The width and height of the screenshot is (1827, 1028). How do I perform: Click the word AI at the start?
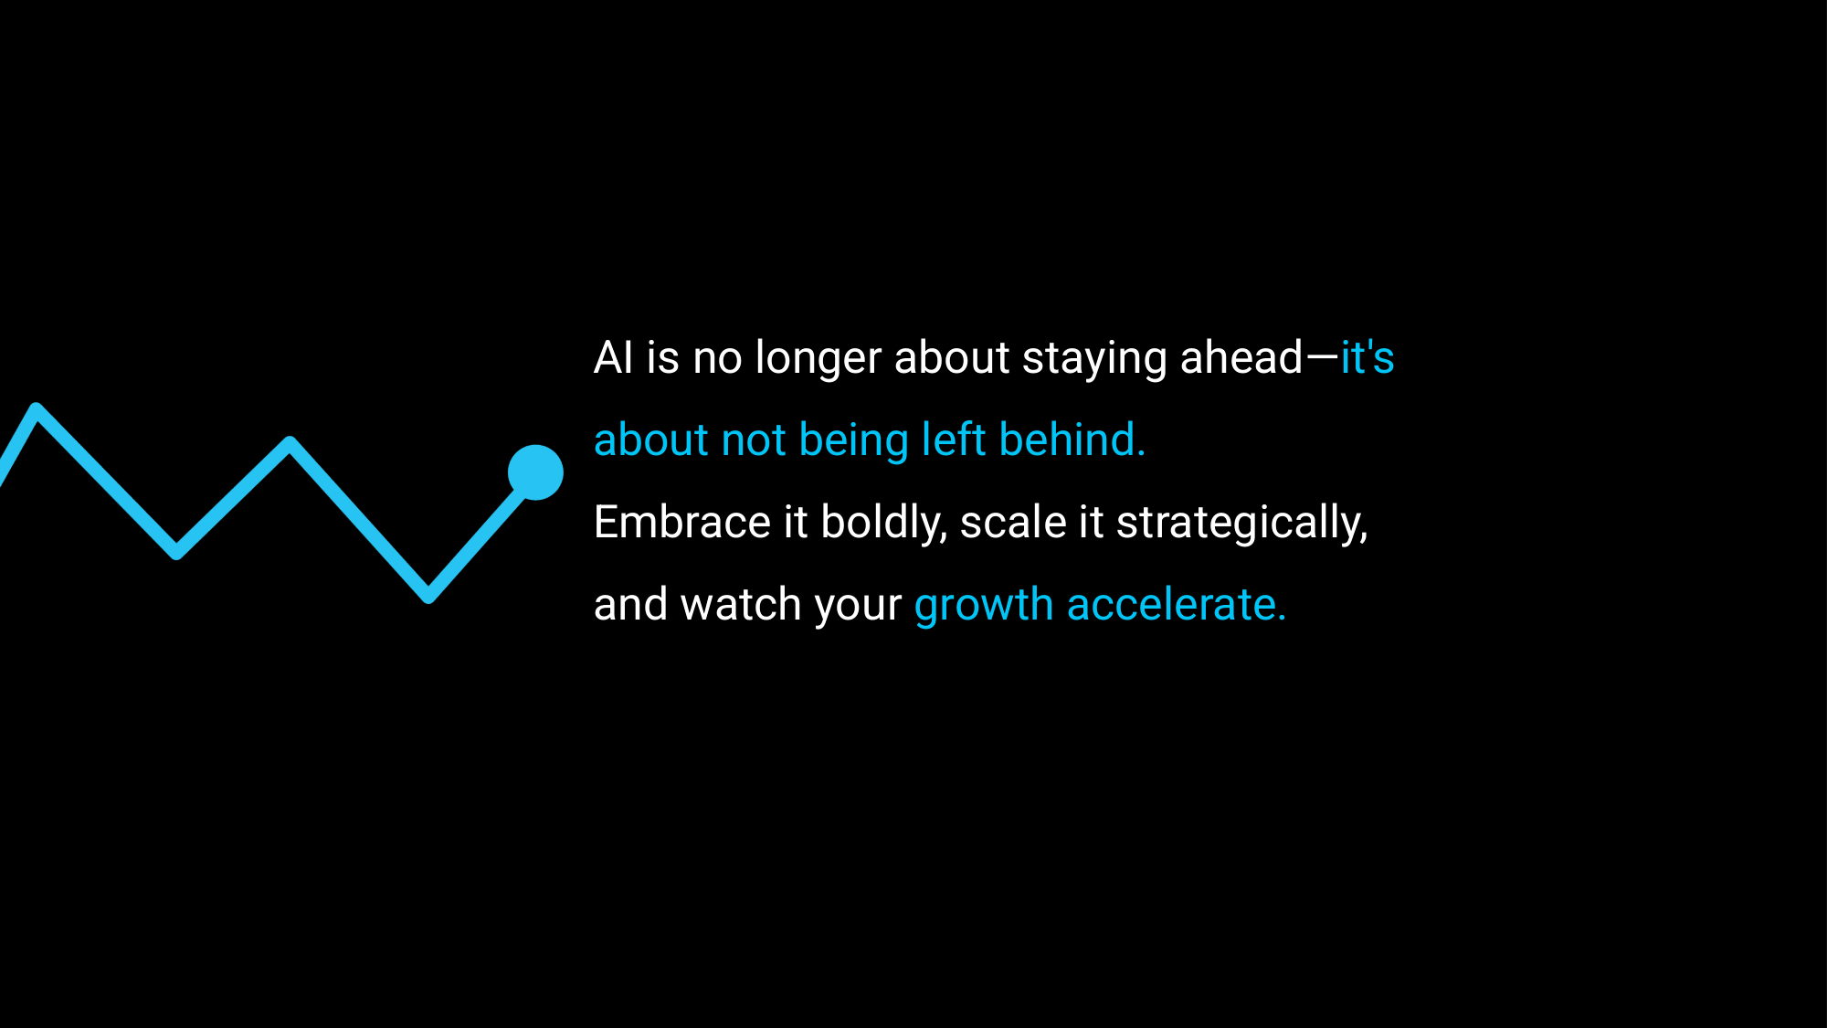click(613, 357)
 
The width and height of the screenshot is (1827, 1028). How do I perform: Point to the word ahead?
click(1241, 356)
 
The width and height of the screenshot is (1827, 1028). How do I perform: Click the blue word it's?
click(1368, 356)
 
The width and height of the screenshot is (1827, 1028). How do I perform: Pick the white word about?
click(952, 356)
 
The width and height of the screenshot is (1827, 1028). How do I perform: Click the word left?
click(954, 439)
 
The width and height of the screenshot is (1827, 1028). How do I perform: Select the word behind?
click(1072, 439)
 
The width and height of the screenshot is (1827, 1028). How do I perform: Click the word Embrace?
click(682, 522)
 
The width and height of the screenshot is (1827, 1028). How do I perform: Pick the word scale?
click(1013, 522)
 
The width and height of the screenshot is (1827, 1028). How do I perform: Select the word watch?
click(741, 604)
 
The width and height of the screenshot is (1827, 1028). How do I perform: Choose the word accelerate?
click(1177, 604)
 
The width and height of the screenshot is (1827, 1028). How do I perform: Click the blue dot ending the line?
click(535, 472)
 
